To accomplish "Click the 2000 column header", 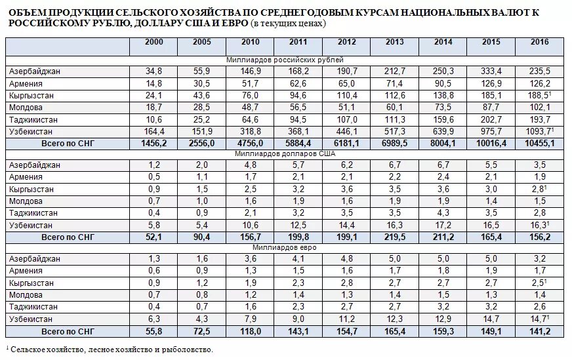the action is click(x=154, y=42).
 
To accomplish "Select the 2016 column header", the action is click(x=540, y=42).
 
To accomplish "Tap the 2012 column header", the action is click(x=346, y=42).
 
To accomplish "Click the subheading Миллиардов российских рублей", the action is click(x=285, y=60).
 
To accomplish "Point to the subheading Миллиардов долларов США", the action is click(x=285, y=153).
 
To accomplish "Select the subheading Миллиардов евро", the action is click(x=285, y=247).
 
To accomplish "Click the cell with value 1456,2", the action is click(x=154, y=144).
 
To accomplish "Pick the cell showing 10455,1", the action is click(x=540, y=144).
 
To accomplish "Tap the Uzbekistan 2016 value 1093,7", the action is click(x=538, y=132).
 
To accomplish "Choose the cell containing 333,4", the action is click(x=491, y=71).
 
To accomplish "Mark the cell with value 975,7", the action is click(x=491, y=132).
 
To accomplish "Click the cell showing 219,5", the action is click(x=395, y=237).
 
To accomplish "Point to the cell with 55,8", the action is click(x=154, y=331).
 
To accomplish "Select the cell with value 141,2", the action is click(x=540, y=331).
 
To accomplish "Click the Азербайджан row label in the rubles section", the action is click(x=35, y=71).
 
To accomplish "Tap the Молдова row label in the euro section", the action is click(x=26, y=295).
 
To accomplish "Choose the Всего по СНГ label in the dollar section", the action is click(x=68, y=237).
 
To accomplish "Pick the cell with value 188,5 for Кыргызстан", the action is click(x=538, y=96).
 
